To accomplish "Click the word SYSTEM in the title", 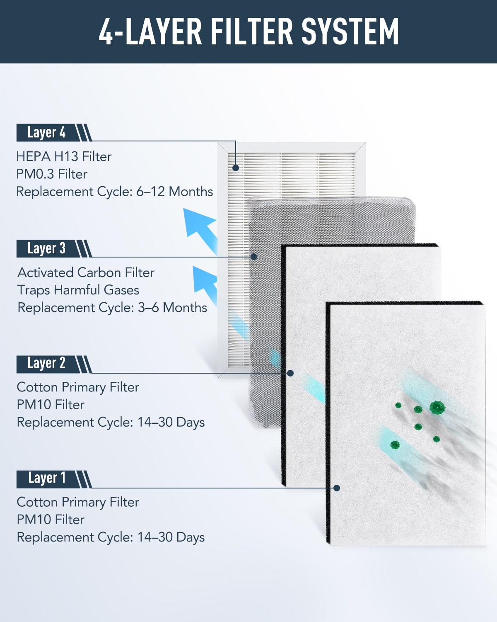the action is [350, 31].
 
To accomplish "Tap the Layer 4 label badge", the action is [54, 133].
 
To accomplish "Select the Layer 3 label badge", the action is [54, 248].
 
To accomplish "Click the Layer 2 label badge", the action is [54, 364].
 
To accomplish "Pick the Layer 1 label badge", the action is [54, 479].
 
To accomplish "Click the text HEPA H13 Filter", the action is [64, 157].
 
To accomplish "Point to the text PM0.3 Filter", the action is [52, 174].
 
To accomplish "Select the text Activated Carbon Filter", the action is [86, 272].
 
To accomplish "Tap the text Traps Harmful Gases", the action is [78, 290].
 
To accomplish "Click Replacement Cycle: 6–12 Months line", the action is [115, 192].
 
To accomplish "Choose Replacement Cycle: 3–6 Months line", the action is [112, 308].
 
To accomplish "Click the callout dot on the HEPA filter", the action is [236, 168].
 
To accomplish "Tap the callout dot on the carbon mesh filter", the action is [254, 256].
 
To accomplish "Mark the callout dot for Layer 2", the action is [290, 373].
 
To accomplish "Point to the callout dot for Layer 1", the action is [336, 488].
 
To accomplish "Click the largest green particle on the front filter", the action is [437, 408].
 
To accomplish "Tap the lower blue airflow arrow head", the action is [204, 278].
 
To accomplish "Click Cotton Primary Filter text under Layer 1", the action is [78, 502].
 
